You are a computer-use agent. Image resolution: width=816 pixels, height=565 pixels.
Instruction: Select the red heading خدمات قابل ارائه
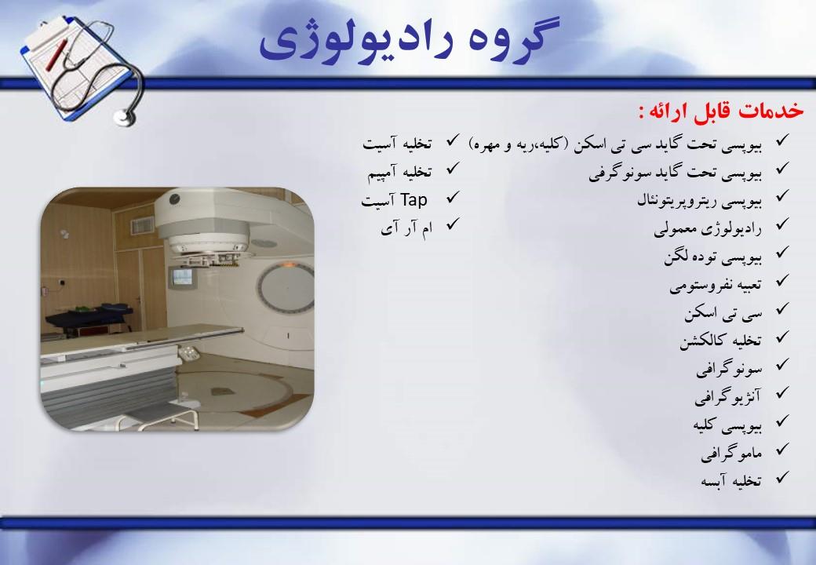721,111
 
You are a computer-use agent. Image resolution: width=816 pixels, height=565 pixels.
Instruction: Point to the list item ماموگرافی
730,453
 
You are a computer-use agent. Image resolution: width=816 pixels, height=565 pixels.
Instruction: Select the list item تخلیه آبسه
731,480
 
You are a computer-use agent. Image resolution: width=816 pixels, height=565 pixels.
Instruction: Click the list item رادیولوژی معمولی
708,229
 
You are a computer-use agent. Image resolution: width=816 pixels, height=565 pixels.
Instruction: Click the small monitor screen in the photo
184,276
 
